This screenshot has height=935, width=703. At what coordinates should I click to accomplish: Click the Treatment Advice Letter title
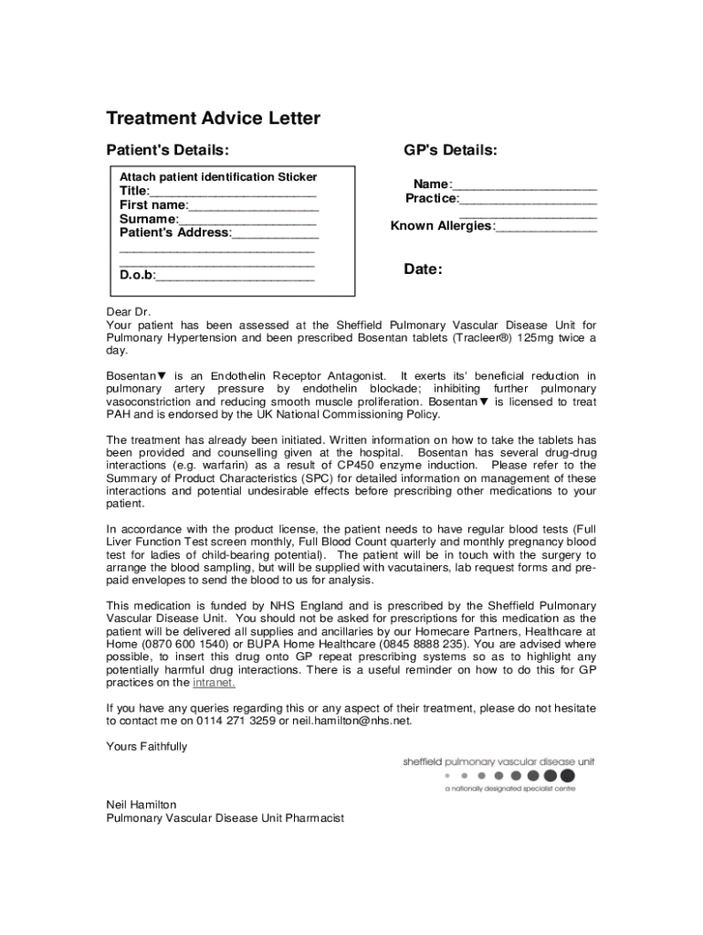213,119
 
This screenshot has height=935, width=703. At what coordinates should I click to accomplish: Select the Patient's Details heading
167,150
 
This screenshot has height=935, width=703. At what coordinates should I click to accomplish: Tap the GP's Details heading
451,150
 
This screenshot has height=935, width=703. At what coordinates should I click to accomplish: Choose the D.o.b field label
137,275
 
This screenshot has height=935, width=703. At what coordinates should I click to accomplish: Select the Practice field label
432,198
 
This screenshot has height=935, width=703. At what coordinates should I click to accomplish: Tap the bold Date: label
423,269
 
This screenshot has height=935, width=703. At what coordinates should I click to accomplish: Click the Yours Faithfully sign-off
147,746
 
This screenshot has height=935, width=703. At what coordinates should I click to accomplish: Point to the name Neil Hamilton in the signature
142,804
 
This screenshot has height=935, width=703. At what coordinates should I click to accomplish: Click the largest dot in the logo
566,776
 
